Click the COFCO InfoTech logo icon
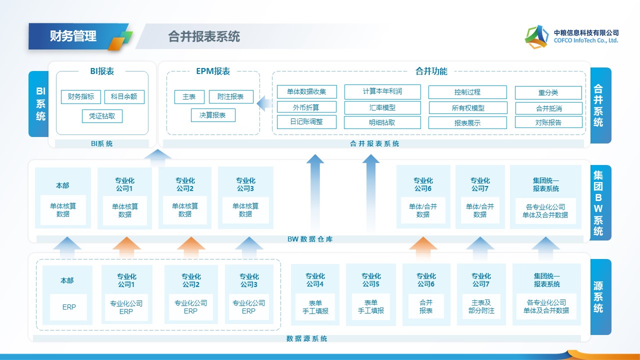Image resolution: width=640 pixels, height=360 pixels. [536, 36]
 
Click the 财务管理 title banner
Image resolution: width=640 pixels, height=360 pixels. [73, 36]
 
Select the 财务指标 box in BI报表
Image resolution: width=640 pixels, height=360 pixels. [81, 96]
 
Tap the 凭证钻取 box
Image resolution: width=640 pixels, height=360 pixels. [102, 116]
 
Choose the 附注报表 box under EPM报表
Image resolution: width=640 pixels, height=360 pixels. [230, 96]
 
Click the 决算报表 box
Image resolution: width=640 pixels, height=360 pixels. [212, 115]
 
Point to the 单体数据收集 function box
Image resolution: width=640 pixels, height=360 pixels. [306, 91]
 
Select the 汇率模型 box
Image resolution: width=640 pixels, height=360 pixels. [382, 107]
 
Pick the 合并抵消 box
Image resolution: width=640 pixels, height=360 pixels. [548, 108]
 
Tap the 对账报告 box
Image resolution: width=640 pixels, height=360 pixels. [548, 122]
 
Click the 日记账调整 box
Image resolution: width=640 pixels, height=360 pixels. [306, 121]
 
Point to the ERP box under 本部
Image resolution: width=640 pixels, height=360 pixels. [69, 307]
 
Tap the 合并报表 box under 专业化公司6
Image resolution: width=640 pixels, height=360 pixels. [426, 306]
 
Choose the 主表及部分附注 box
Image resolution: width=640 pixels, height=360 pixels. [481, 306]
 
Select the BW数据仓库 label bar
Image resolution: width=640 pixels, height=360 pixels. [310, 239]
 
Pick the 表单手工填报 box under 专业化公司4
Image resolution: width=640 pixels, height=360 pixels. [315, 306]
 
